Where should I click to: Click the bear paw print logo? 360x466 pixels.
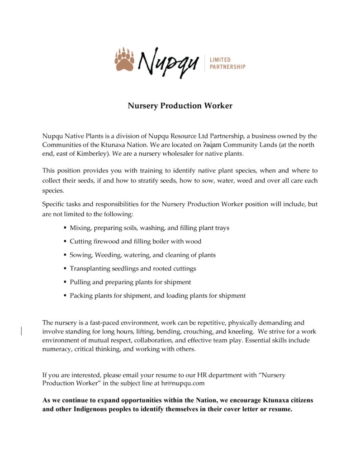click(124, 60)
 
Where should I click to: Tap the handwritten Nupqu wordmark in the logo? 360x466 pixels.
click(168, 62)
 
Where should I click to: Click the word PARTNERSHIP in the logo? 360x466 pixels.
click(227, 67)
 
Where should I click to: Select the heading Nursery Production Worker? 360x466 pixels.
click(180, 106)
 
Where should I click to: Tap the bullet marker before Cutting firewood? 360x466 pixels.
click(65, 242)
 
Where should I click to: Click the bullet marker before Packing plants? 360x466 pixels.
click(65, 296)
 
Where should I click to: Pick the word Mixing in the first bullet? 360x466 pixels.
click(81, 228)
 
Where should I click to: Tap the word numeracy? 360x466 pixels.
click(57, 349)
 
